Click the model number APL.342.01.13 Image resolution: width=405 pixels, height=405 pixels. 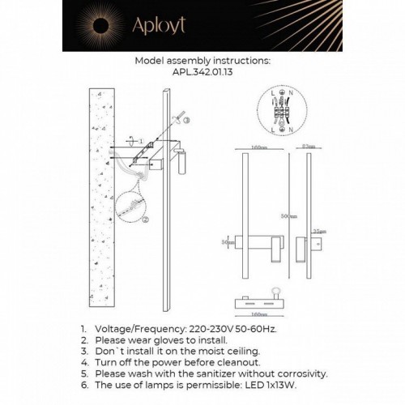(x=202, y=70)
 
